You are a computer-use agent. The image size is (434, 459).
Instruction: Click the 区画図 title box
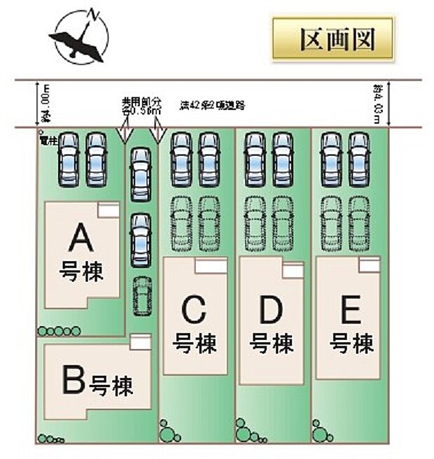pyautogui.click(x=333, y=40)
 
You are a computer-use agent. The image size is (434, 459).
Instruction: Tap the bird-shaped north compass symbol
pyautogui.click(x=79, y=36)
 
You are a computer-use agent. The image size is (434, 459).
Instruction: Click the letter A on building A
pyautogui.click(x=81, y=241)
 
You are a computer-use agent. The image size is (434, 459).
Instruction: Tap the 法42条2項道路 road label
pyautogui.click(x=212, y=106)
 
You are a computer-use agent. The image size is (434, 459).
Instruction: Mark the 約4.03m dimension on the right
pyautogui.click(x=377, y=104)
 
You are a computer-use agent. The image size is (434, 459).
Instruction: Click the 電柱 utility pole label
pyautogui.click(x=48, y=140)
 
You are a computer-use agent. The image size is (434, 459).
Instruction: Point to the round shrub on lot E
pyautogui.click(x=321, y=430)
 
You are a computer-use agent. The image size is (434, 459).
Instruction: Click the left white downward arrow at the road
pyautogui.click(x=123, y=132)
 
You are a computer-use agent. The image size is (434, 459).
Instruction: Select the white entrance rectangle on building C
pyautogui.click(x=211, y=265)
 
